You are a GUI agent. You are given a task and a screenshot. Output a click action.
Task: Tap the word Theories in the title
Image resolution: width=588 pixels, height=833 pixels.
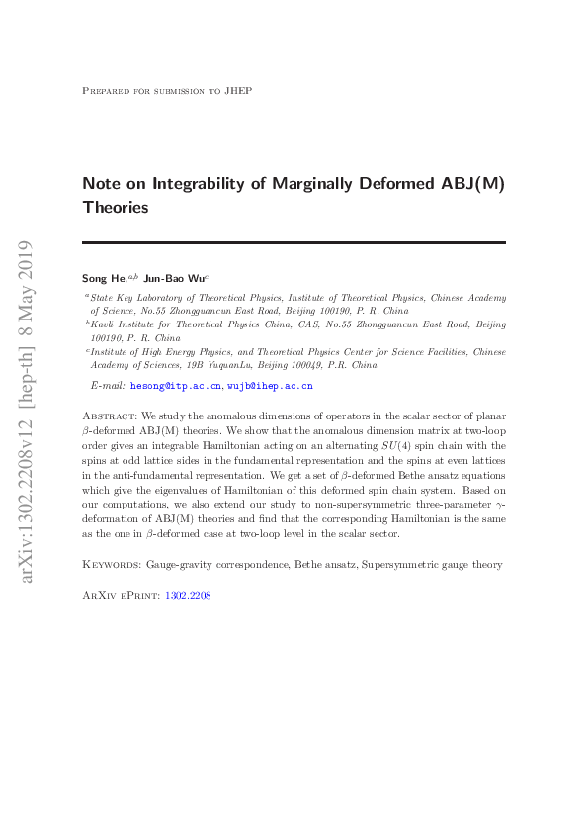pos(116,208)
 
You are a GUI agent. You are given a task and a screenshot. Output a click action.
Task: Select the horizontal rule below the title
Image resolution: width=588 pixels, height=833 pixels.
pos(294,243)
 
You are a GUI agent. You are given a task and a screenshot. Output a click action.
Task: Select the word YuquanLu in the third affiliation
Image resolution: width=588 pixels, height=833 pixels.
pos(226,365)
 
